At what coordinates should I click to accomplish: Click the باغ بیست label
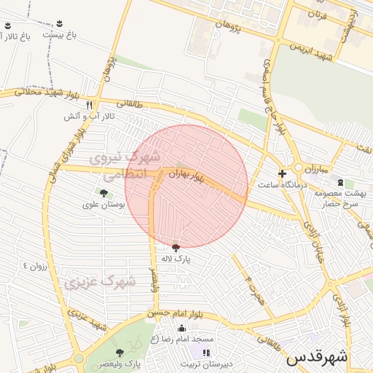click(x=59, y=34)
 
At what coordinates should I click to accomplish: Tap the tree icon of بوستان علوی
click(x=103, y=193)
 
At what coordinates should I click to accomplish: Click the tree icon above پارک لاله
click(x=175, y=248)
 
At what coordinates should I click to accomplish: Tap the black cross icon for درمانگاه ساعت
click(x=282, y=173)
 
